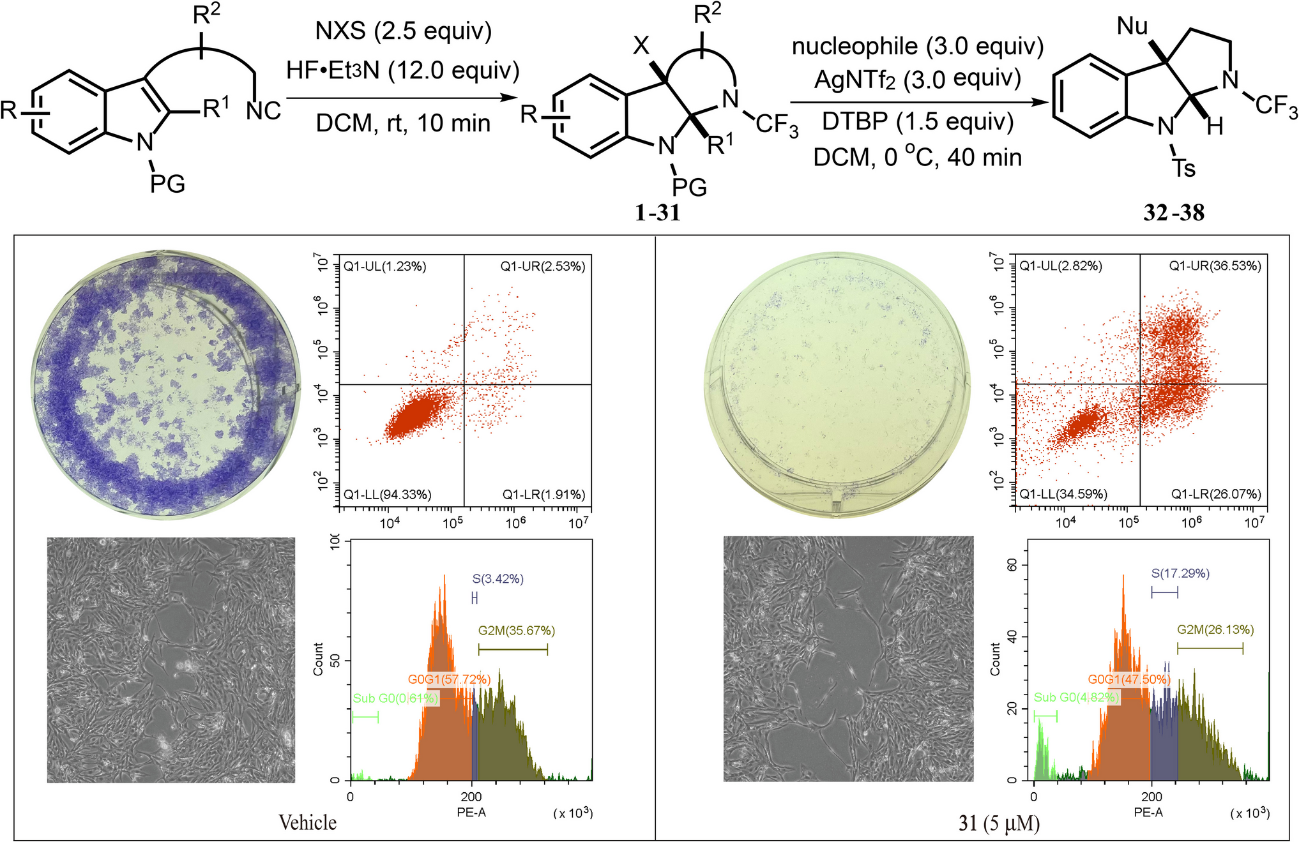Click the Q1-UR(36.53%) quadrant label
tap(1215, 266)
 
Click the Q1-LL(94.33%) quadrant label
tap(387, 495)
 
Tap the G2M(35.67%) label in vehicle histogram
tap(516, 631)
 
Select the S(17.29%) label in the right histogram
tap(1180, 573)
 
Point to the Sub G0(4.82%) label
tap(1076, 698)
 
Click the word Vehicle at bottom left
tap(307, 822)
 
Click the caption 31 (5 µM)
tap(999, 823)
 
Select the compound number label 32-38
tap(1174, 213)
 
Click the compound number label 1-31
tap(658, 213)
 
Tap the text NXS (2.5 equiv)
tap(404, 31)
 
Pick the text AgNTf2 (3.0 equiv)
tap(918, 79)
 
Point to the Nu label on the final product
tap(1133, 26)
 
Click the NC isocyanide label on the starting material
tap(263, 111)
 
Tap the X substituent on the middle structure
tap(641, 46)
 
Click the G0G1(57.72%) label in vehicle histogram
tap(449, 679)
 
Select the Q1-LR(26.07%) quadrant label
tap(1216, 495)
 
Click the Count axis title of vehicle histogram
tap(318, 659)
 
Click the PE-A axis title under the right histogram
tap(1148, 813)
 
